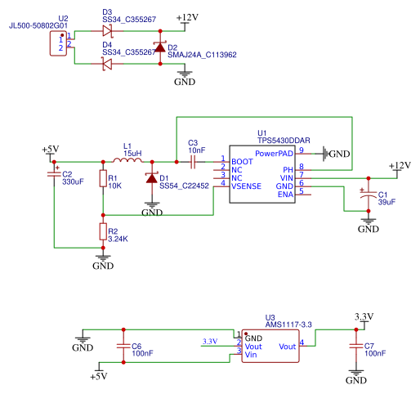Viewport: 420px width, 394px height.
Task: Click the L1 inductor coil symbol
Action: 127,160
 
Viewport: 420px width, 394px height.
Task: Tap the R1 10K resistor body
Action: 103,178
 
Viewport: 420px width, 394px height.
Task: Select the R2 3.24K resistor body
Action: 103,231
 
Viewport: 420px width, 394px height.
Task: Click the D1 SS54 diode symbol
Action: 152,178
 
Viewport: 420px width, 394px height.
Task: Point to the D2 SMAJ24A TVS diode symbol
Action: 160,47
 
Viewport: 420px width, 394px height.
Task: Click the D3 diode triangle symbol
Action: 107,31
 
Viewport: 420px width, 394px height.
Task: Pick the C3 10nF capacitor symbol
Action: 193,162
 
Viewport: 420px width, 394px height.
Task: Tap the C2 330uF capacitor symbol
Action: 54,174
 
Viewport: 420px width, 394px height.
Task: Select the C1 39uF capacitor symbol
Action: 369,194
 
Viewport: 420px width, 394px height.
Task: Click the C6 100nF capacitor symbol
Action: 123,346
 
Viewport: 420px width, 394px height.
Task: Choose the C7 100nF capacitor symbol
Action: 356,346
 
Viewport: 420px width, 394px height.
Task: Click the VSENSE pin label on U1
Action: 246,186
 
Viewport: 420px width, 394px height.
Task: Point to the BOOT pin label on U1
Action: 242,162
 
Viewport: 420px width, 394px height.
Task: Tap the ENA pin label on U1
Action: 285,195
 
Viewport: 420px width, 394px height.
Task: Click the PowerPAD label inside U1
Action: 274,154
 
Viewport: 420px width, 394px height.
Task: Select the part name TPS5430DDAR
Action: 284,141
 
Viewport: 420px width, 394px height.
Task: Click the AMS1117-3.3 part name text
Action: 288,325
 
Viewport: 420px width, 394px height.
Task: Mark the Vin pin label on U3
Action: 251,355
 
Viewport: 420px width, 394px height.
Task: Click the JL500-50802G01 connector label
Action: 38,25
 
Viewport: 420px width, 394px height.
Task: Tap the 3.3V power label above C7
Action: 364,317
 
